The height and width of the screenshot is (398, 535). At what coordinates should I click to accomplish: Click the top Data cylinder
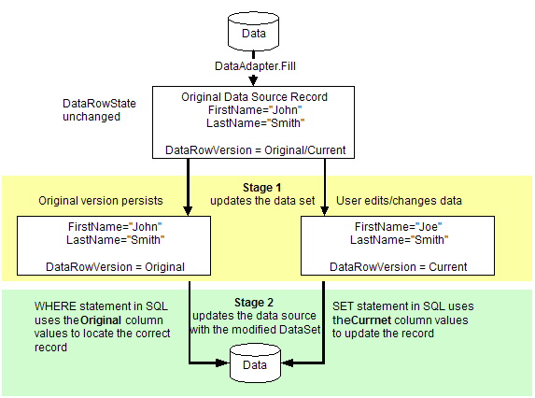254,33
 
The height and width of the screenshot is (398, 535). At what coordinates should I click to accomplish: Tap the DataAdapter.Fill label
254,65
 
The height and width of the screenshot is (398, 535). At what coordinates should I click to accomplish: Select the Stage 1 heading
254,186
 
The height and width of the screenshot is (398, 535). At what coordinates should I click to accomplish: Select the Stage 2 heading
255,303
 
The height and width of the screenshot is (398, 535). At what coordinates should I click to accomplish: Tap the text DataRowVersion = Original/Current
255,149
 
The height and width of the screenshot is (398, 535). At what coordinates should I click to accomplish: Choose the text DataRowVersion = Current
393,266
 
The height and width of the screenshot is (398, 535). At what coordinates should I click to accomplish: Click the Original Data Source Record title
254,97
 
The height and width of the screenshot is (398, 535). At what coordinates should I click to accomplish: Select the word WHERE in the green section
57,306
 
